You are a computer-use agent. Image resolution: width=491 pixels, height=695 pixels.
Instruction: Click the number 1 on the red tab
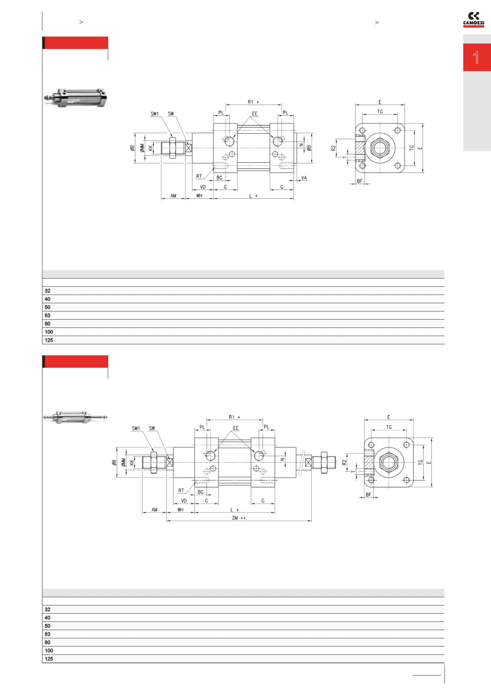476,58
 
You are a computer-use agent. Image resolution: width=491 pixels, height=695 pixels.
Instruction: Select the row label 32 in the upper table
48,291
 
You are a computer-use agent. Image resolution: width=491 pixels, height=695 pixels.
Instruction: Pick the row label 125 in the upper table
49,340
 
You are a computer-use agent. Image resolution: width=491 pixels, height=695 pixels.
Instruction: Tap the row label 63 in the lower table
48,634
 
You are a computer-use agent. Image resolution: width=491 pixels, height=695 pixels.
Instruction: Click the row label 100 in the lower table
49,650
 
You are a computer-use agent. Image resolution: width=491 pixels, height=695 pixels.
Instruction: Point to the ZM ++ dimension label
239,518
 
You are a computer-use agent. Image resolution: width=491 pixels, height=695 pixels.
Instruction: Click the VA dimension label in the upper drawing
304,177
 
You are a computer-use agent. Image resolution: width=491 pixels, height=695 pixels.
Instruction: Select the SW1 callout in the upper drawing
155,113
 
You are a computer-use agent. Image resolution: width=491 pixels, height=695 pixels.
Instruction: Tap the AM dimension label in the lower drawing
154,510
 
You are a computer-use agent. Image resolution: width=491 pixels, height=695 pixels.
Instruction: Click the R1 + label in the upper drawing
253,102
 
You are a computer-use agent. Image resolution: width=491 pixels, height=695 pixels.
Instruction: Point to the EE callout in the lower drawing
236,428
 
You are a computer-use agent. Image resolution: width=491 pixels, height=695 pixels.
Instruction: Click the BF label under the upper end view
360,181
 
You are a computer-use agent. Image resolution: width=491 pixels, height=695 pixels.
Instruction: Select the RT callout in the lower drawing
181,491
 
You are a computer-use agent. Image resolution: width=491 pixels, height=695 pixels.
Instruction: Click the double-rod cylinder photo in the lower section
76,417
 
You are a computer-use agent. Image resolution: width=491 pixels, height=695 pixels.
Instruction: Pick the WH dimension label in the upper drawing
199,196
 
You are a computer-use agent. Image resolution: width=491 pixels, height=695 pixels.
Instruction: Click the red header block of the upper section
76,43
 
